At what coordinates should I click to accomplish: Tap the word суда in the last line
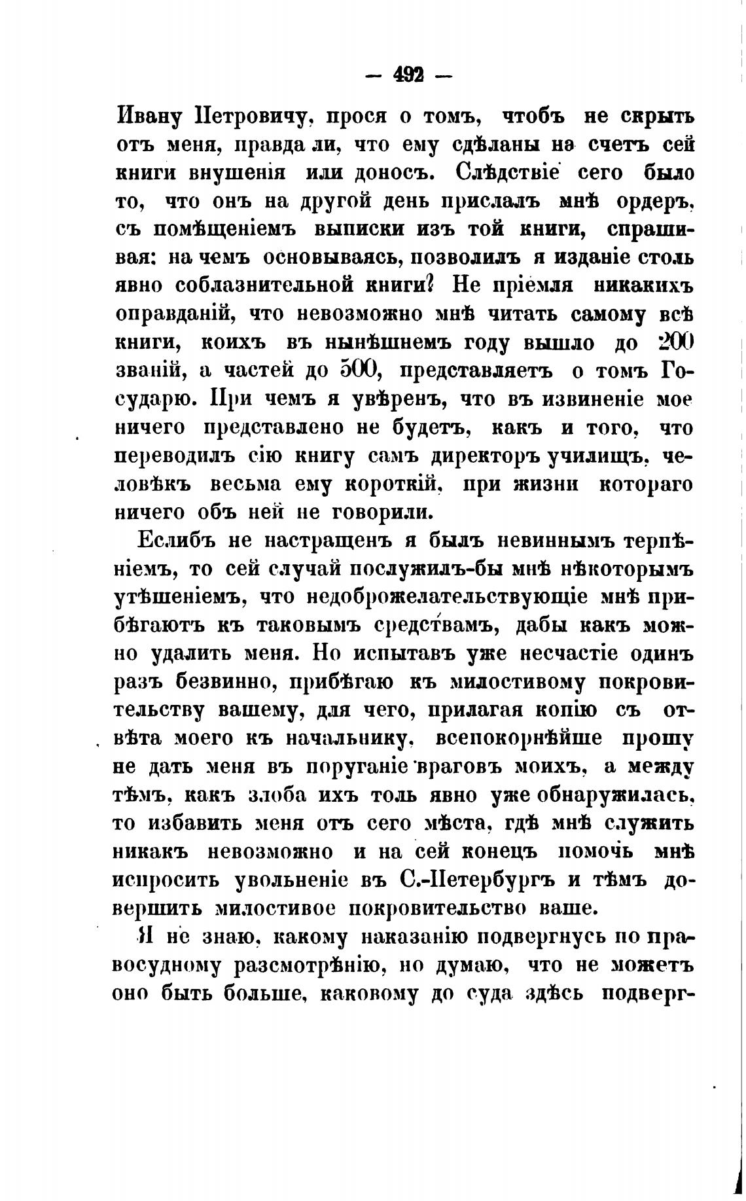point(483,994)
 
